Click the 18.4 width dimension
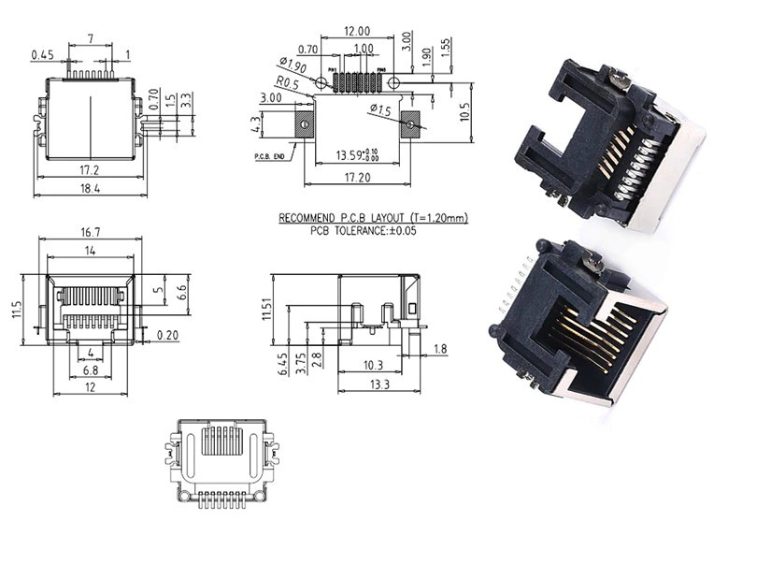click(x=91, y=188)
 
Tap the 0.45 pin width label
click(x=41, y=55)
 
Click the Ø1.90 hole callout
click(x=292, y=66)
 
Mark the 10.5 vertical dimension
click(x=464, y=111)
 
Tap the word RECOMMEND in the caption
click(x=308, y=218)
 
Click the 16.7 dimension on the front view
click(x=90, y=232)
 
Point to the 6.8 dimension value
click(x=90, y=371)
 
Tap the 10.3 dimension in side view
click(x=375, y=366)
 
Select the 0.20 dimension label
click(x=168, y=334)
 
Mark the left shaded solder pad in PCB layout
click(x=304, y=123)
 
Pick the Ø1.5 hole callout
click(x=380, y=110)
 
